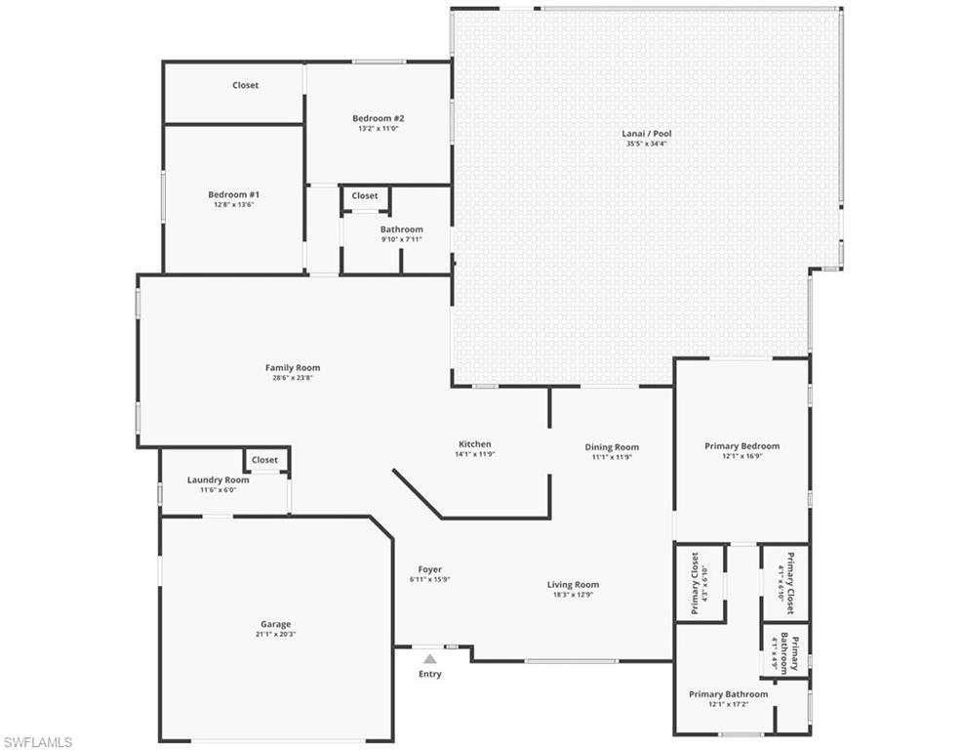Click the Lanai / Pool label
pos(647,134)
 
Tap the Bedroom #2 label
pos(378,118)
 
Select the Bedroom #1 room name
pos(233,194)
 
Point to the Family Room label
pos(293,368)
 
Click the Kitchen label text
pos(475,444)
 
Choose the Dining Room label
pos(612,447)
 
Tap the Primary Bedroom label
pos(741,446)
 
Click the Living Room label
pos(573,585)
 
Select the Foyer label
pos(429,569)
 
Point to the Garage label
pos(275,624)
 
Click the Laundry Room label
pos(218,479)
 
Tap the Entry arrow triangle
pos(429,659)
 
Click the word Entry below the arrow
pos(429,674)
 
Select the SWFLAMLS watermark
pos(38,742)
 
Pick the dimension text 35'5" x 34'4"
pos(647,145)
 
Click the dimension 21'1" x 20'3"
pos(275,635)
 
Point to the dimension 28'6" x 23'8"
pos(293,379)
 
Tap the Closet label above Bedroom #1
pos(245,85)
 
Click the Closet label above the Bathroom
pos(365,195)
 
